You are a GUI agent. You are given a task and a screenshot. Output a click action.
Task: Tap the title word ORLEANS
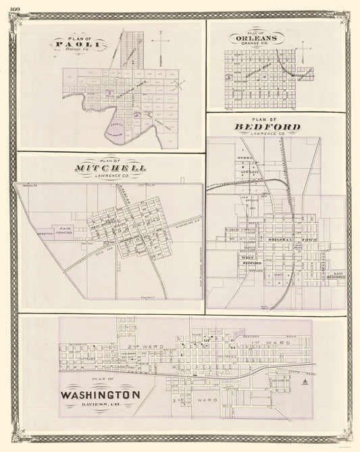tap(256, 39)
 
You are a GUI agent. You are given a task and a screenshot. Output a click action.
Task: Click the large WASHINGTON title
tap(101, 395)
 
